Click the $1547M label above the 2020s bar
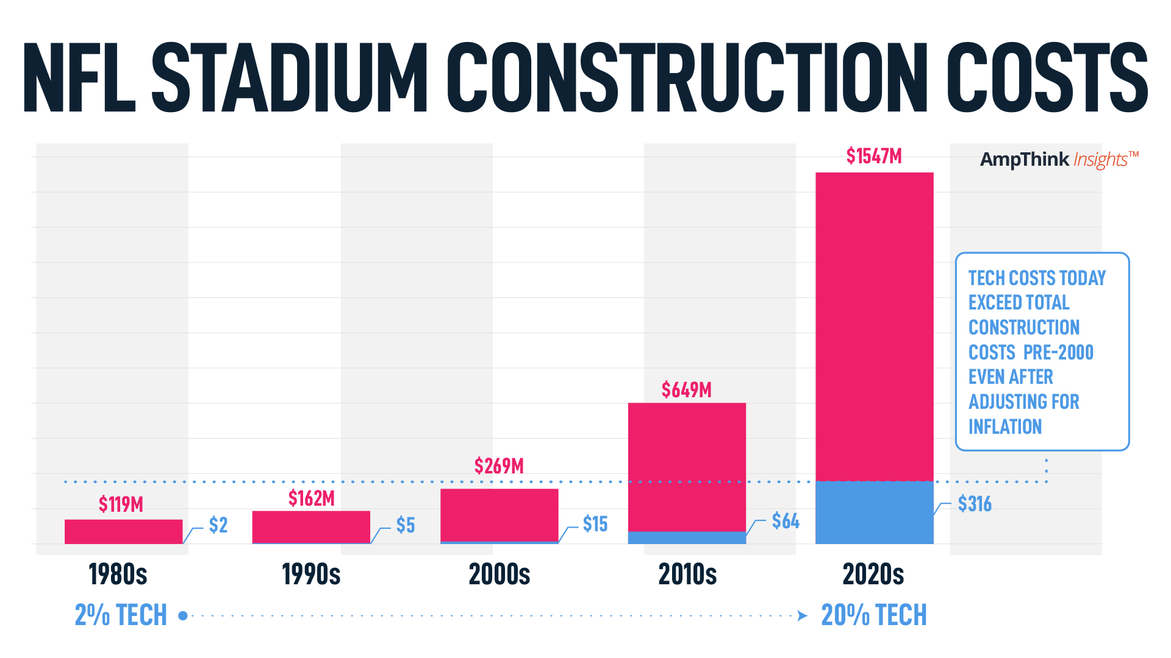(873, 157)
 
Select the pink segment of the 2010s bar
(687, 466)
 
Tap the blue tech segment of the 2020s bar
(874, 512)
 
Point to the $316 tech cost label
(974, 504)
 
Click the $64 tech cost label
(785, 521)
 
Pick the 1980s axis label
(118, 575)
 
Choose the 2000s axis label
(499, 575)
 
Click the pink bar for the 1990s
(311, 526)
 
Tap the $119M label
(121, 504)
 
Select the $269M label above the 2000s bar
(499, 466)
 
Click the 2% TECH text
(121, 615)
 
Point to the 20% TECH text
(873, 615)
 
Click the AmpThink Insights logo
(1059, 160)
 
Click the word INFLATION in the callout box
(1004, 426)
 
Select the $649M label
(687, 390)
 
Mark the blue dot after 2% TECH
(182, 616)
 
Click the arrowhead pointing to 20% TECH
(803, 616)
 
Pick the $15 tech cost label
(595, 524)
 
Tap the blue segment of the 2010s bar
(687, 537)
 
